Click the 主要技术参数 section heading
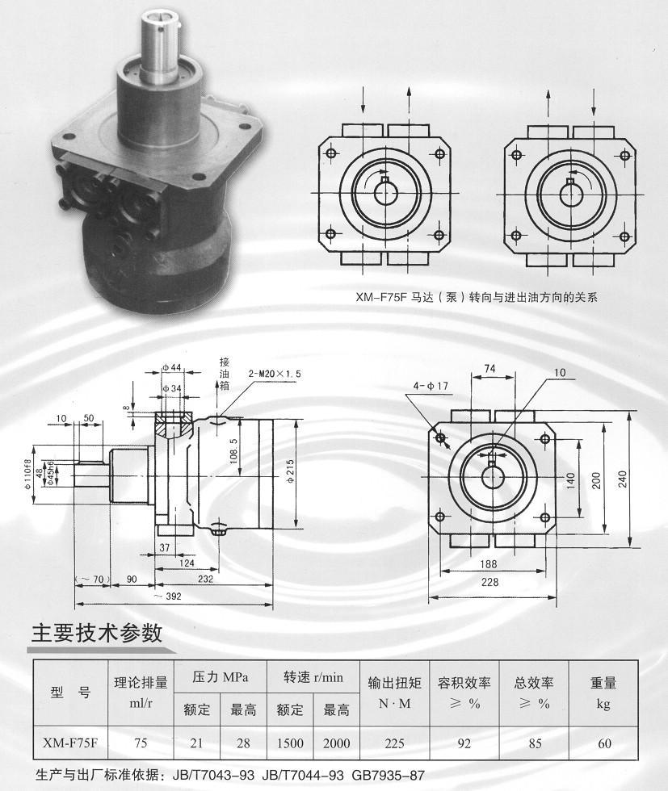97,633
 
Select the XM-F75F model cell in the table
70,743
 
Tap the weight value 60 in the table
604,743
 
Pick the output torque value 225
394,743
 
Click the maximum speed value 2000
336,743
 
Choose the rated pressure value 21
196,743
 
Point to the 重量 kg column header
603,693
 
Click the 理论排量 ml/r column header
141,693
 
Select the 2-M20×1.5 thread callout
275,374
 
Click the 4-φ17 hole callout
431,386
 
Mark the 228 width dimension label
489,582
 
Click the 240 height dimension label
621,479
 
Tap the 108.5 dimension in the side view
233,450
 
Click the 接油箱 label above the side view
225,374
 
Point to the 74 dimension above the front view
489,369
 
